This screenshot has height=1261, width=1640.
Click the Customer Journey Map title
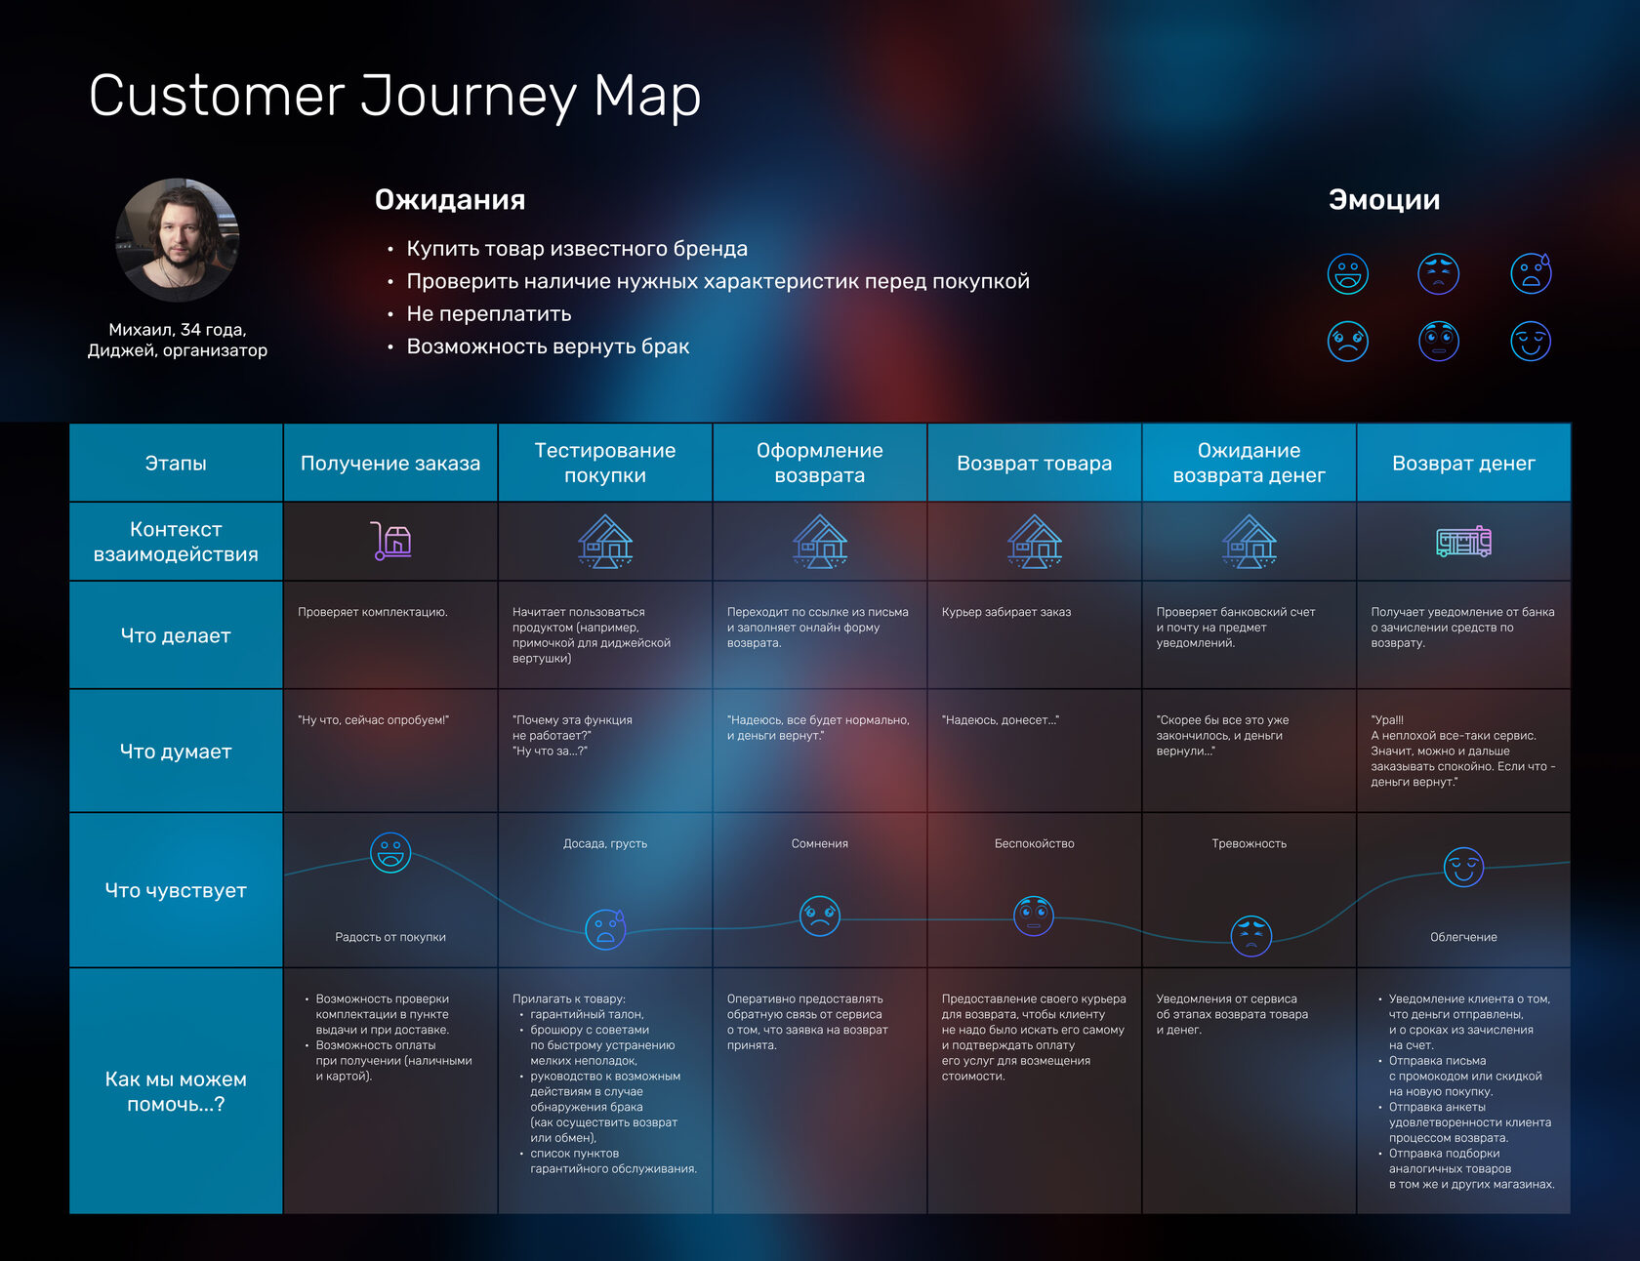pos(394,97)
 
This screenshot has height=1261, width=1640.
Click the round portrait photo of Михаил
pos(177,239)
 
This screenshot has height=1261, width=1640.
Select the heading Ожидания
pos(450,200)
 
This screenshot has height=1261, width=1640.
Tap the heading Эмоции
pos(1384,200)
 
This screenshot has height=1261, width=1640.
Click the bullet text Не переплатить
pos(489,314)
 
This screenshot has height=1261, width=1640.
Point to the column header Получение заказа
pos(390,464)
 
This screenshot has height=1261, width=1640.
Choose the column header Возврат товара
pos(1035,464)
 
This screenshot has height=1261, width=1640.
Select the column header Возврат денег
pos(1463,464)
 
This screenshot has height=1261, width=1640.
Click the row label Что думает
pos(176,752)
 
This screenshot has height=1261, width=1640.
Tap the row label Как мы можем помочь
pos(176,1091)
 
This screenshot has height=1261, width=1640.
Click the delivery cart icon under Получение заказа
pos(390,541)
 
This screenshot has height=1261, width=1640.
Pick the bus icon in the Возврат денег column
pos(1463,541)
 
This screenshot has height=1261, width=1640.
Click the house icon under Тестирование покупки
pos(605,541)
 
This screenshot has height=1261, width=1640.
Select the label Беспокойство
pos(1035,843)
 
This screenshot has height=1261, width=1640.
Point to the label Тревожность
pos(1250,843)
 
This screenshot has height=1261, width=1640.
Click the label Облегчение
pos(1463,937)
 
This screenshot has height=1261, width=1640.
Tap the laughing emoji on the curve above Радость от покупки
pos(390,853)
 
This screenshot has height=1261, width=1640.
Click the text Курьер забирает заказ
pos(1006,612)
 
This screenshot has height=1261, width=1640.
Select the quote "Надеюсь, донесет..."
pos(1001,720)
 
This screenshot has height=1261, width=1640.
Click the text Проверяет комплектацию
pos(373,612)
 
